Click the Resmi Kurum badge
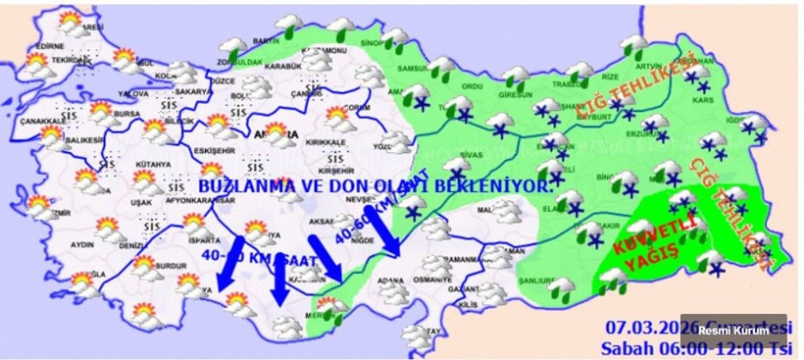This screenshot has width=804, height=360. click(x=747, y=331)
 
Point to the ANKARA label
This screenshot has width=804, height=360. click(x=272, y=129)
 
